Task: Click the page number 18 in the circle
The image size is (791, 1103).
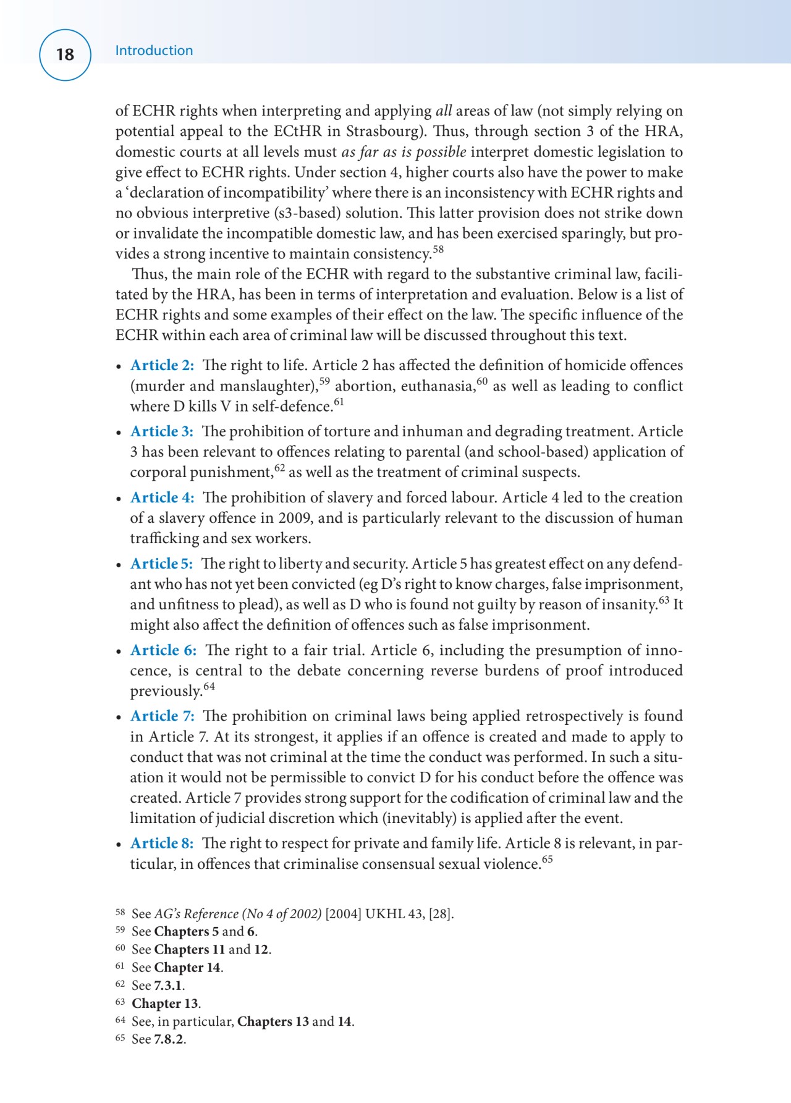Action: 65,54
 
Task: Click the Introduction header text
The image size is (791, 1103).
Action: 154,51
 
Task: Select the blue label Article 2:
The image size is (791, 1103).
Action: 162,365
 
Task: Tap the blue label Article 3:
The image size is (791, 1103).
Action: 162,431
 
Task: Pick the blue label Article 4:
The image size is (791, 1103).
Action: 162,497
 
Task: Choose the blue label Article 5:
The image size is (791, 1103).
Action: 161,564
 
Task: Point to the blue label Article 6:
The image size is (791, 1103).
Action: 163,650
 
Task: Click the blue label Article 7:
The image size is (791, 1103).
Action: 162,716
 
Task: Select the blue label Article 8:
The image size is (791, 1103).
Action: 162,843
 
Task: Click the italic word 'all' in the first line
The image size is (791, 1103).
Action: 444,111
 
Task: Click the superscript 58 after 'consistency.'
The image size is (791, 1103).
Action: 438,250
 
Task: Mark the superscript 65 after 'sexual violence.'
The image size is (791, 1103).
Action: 547,860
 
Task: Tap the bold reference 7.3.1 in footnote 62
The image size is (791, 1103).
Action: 168,986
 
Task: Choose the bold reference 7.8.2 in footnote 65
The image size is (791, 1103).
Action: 169,1039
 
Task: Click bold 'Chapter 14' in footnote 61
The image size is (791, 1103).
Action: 187,968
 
